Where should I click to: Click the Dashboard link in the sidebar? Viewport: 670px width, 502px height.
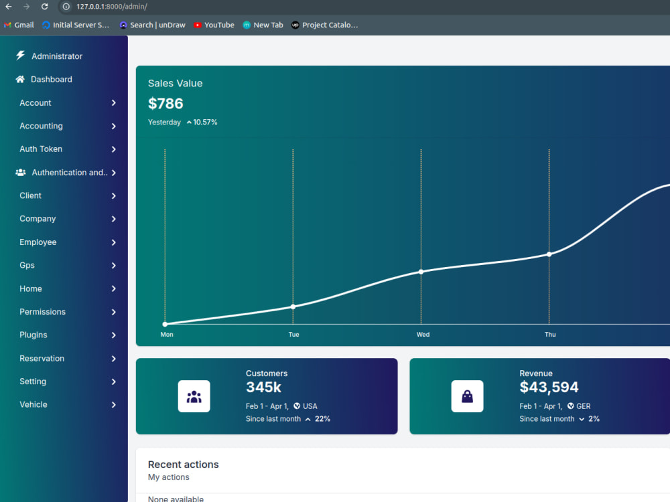pos(52,80)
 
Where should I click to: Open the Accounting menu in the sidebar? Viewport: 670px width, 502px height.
pos(41,126)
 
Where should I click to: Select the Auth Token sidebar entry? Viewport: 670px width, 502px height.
pos(41,149)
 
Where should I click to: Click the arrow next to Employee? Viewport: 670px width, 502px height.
pos(114,242)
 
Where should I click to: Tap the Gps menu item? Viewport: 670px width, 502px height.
pos(27,265)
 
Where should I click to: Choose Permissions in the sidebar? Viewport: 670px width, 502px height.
pos(43,312)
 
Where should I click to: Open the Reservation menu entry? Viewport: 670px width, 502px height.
pos(42,358)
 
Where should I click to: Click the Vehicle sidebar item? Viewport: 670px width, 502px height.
pos(33,404)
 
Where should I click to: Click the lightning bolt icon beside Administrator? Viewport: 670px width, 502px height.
pos(21,56)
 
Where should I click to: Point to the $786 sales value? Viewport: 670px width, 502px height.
pos(165,103)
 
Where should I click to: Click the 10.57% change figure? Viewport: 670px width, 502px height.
pos(205,122)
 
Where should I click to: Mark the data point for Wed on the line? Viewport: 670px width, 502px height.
pos(421,272)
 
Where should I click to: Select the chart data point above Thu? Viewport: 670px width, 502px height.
pos(549,254)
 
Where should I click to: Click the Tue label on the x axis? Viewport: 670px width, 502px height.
pos(293,335)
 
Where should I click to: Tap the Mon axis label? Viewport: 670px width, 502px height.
pos(167,335)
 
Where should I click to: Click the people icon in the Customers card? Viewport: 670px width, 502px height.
pos(194,396)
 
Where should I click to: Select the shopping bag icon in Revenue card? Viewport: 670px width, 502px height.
pos(468,396)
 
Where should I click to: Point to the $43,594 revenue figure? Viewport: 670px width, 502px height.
pos(549,387)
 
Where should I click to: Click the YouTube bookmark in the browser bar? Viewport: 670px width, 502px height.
pos(214,25)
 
